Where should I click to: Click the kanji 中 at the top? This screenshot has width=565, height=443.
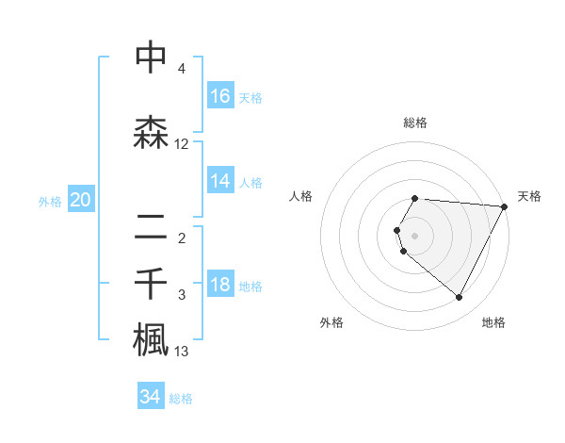click(151, 57)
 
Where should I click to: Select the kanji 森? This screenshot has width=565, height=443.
click(151, 133)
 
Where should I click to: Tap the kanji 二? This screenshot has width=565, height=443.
click(151, 226)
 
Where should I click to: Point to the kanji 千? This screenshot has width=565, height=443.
click(151, 283)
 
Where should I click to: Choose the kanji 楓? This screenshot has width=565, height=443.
click(151, 339)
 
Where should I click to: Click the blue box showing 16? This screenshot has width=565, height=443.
click(220, 95)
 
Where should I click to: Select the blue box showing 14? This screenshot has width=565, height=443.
click(220, 181)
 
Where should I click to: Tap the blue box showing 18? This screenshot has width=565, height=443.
click(220, 286)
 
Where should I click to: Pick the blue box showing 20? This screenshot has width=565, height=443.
click(81, 200)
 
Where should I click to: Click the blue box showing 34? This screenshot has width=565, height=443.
click(151, 397)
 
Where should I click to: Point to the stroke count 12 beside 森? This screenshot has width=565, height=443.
click(182, 144)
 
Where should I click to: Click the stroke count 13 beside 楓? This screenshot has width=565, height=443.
click(182, 352)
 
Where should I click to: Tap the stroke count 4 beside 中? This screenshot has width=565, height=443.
click(182, 69)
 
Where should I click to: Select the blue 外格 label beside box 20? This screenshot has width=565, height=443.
click(50, 201)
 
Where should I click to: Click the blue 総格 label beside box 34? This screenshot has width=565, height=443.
click(181, 399)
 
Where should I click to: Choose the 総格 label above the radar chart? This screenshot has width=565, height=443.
click(415, 123)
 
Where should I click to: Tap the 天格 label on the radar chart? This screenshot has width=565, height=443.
click(529, 196)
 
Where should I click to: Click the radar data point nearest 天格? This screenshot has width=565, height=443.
click(506, 206)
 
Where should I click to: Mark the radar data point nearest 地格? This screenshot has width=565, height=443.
click(460, 298)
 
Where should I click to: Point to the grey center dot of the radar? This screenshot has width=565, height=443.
click(415, 235)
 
